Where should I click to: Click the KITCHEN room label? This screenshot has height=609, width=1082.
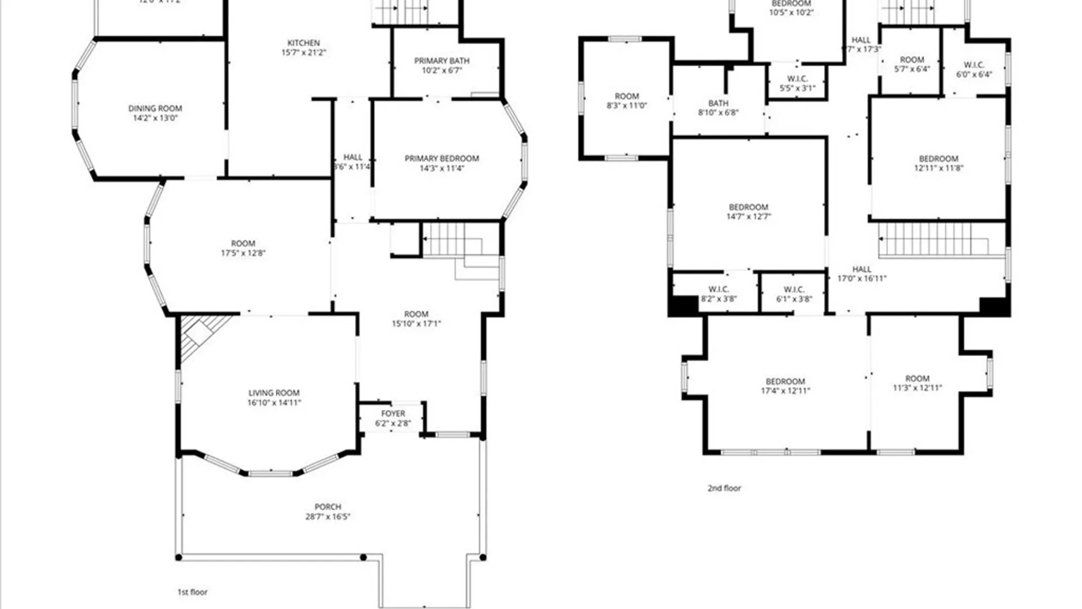tap(304, 43)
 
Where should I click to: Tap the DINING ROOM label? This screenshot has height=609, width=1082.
tap(155, 108)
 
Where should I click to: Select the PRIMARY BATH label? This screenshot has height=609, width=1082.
tap(442, 61)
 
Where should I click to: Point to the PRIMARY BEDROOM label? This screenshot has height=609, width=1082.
tap(442, 158)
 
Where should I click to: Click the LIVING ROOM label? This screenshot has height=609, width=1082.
tap(274, 393)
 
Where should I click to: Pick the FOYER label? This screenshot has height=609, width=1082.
tap(393, 414)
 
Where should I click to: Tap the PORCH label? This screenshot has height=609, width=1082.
tap(327, 507)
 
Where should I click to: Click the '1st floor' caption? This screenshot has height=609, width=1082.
tap(193, 592)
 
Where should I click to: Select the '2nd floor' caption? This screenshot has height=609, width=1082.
tap(724, 488)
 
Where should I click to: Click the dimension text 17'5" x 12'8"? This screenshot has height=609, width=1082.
tap(243, 253)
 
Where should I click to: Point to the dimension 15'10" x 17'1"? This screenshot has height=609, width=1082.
tap(416, 324)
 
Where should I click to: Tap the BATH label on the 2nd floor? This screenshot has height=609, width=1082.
tap(718, 103)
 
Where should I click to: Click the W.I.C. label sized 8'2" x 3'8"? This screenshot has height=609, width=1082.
tap(719, 289)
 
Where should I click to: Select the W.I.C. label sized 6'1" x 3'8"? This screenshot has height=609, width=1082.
tap(793, 289)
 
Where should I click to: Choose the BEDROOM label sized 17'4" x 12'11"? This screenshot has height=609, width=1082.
tap(785, 381)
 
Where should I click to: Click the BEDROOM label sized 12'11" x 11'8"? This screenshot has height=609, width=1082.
tap(938, 159)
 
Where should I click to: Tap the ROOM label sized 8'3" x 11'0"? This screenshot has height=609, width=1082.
tap(627, 96)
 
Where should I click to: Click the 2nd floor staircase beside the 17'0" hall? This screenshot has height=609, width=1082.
tap(935, 240)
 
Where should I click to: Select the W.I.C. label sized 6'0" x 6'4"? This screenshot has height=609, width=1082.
tap(974, 65)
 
